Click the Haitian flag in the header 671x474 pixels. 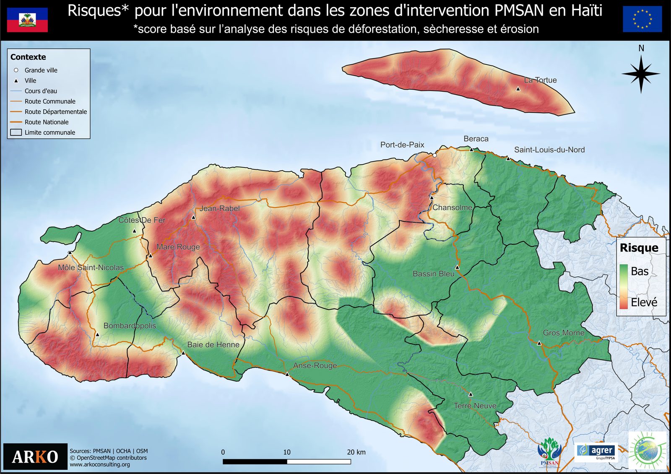click(x=27, y=20)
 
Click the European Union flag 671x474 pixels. click(x=642, y=19)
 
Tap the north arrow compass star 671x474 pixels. click(x=641, y=74)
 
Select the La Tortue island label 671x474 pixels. click(x=540, y=80)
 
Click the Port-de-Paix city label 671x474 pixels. click(x=402, y=145)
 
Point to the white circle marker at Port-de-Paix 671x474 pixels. click(x=435, y=155)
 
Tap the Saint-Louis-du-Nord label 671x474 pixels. click(x=549, y=150)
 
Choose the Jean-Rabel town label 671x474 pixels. click(x=219, y=208)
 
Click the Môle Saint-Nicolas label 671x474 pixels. click(x=91, y=267)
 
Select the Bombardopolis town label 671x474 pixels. click(x=130, y=326)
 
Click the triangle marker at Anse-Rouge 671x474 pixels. click(x=287, y=374)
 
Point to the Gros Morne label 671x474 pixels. click(x=564, y=333)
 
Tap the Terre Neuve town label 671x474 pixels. click(x=475, y=406)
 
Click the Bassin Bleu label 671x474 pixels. click(x=434, y=274)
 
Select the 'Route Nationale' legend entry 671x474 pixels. click(x=47, y=122)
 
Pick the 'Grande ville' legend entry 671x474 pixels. click(x=41, y=70)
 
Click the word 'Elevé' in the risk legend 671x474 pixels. click(x=644, y=302)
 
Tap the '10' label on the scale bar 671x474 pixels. click(x=287, y=452)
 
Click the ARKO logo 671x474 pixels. click(x=35, y=456)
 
